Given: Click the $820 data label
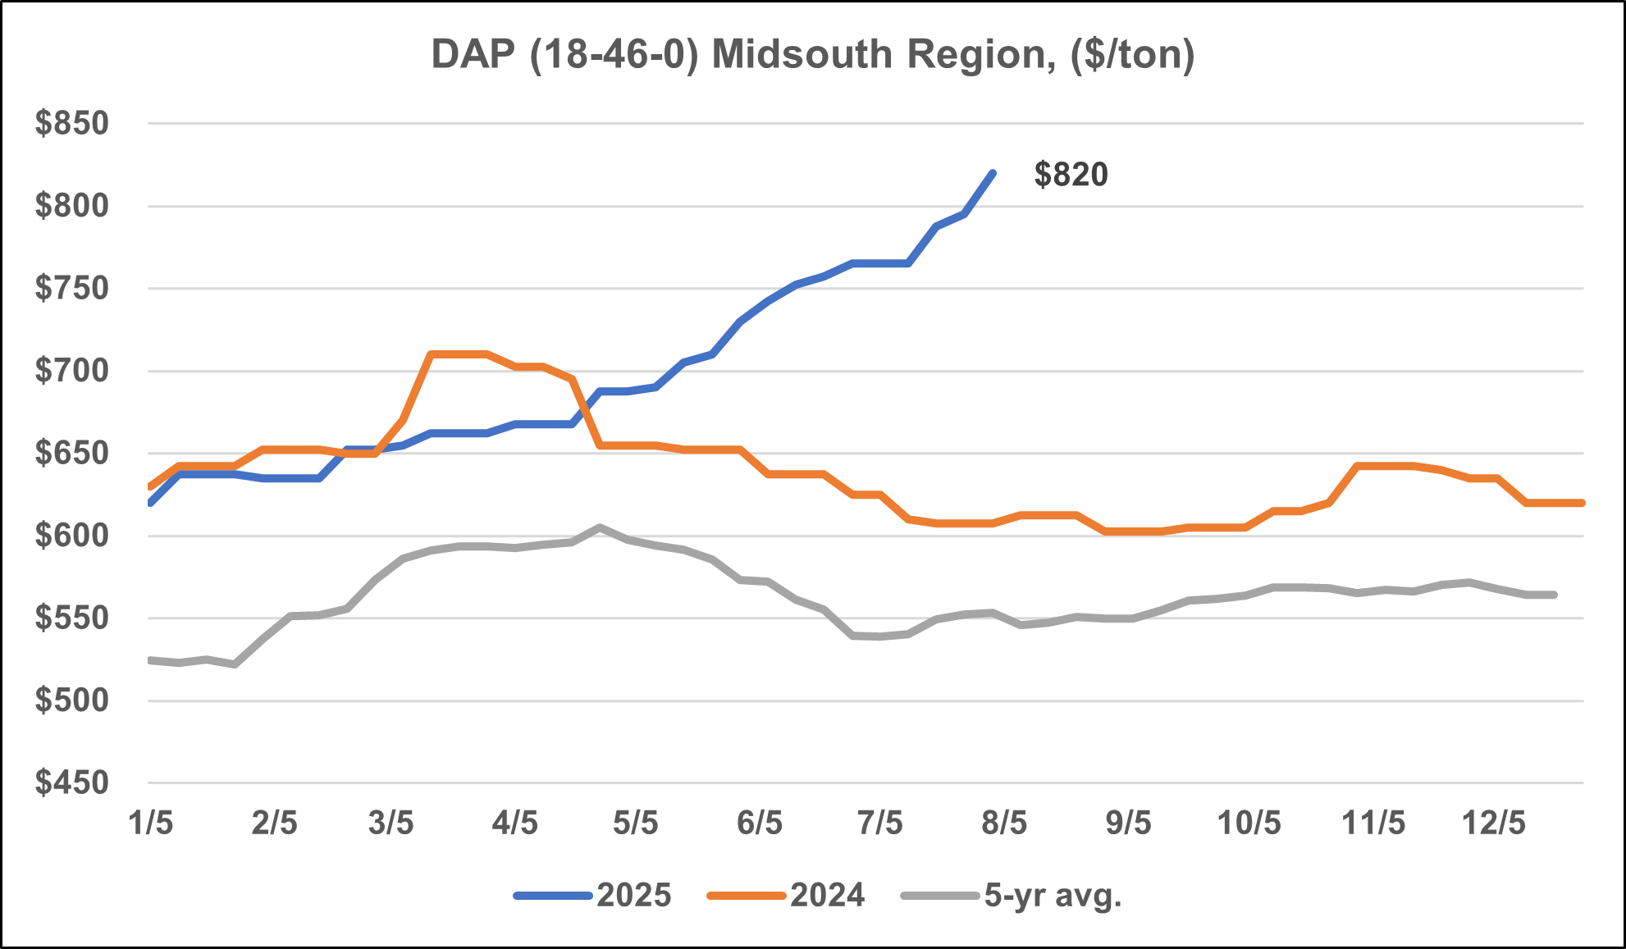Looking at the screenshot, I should coord(1071,175).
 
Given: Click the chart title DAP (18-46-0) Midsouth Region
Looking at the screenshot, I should coord(812,54).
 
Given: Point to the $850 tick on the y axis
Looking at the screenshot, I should coord(72,124).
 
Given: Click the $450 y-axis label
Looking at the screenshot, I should coord(72,783).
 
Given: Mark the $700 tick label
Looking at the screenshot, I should coord(72,372).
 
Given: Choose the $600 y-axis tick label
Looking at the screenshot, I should coord(72,536).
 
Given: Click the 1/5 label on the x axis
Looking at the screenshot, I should coord(151,823).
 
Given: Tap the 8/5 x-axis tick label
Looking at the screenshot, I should coord(1004,823).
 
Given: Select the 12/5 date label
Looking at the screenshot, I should coord(1494,823).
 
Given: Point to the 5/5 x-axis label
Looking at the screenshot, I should coord(636,823).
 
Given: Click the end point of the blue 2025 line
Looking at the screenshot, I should coord(993,173).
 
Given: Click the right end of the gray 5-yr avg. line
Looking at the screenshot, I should coord(1554,595).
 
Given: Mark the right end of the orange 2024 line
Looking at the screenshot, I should coord(1581,503).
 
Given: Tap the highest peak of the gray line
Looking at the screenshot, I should coord(601,527).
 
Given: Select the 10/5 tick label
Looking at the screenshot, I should coord(1249,823).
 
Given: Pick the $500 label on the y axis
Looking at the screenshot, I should coord(72,701).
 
